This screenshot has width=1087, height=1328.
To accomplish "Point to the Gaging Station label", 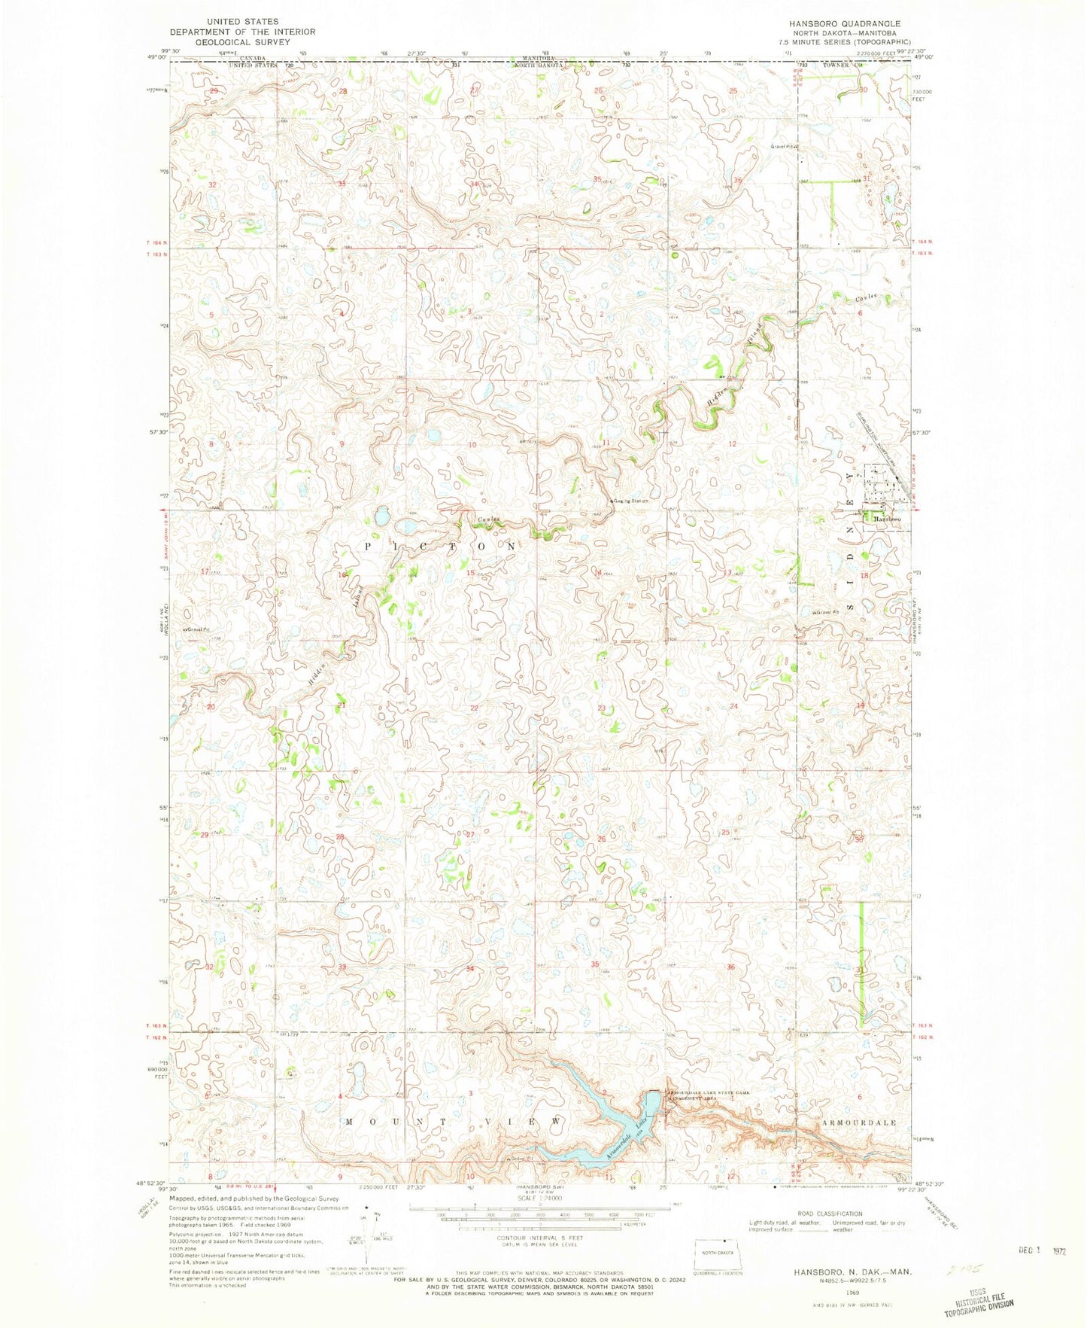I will point(630,501).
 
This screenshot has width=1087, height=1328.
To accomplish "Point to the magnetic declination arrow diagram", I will point(366,1235).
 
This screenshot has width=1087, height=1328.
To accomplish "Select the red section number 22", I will point(474,708).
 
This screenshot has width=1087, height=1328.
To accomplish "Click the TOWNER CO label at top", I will point(840,65).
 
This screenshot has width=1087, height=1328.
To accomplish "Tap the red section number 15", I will point(470,574).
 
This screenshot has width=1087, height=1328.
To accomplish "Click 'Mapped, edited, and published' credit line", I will point(254,1198).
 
